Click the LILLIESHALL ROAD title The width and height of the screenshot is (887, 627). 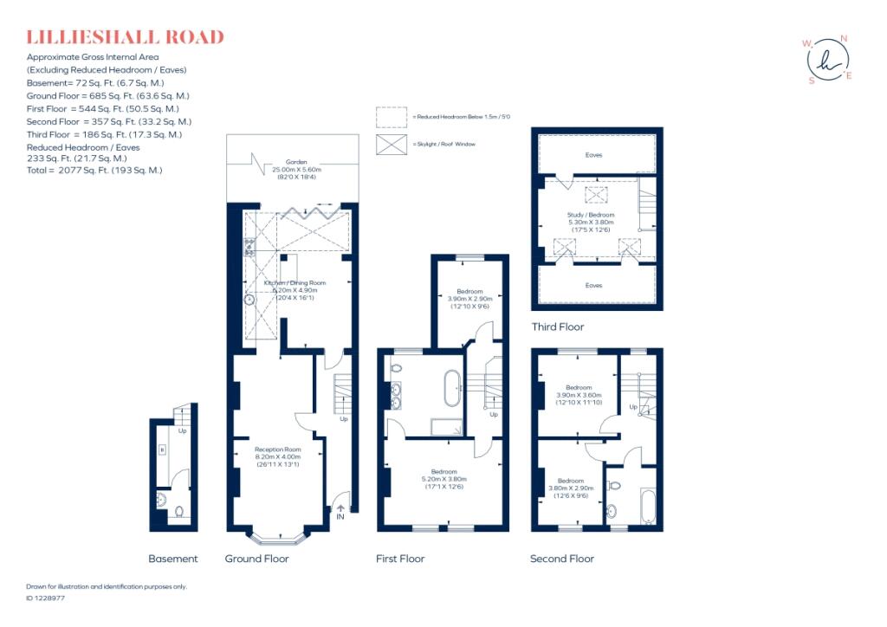click(125, 37)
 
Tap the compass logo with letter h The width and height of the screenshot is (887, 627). click(827, 60)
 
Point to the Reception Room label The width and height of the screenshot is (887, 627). click(277, 449)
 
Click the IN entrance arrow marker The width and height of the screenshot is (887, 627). click(340, 511)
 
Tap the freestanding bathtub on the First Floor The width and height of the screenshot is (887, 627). click(452, 389)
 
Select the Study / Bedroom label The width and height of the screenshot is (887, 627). click(591, 215)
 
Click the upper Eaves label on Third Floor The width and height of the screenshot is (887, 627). click(592, 155)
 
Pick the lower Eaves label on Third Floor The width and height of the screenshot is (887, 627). click(592, 285)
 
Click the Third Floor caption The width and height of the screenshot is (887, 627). click(557, 327)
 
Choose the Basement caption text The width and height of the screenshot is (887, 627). click(173, 559)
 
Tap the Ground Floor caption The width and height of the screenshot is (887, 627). click(256, 559)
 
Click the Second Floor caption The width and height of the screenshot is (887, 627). click(562, 559)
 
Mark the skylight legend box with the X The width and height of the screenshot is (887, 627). click(392, 144)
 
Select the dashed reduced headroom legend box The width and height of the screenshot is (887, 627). click(392, 116)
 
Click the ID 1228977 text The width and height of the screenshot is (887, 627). click(46, 598)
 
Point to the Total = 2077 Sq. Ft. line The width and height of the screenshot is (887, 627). click(94, 171)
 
